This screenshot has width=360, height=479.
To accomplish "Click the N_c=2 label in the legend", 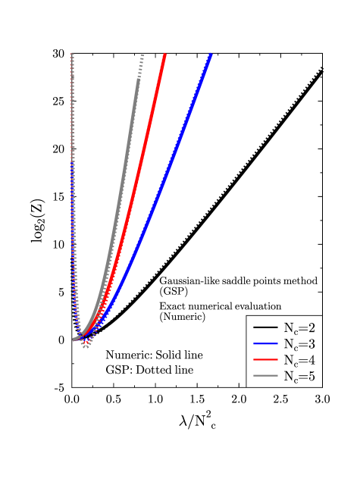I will coord(299,328).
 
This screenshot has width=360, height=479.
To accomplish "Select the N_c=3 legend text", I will coord(299,344).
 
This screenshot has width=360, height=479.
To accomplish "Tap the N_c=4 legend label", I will coord(299,360).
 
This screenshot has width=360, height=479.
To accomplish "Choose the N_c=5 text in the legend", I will coord(299,377).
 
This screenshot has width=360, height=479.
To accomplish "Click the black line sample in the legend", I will coord(265,327).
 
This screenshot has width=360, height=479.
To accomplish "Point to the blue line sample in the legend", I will coord(265,344).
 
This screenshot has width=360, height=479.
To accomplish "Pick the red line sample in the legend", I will coord(265,360).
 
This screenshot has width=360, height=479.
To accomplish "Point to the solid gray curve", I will coord(121,189).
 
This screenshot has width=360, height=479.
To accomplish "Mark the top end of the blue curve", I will coord(210,55).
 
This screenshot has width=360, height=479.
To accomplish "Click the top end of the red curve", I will coord(164,55).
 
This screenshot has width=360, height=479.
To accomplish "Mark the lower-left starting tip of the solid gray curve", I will coord(74,340).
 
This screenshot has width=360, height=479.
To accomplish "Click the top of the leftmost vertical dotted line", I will coord(71,55).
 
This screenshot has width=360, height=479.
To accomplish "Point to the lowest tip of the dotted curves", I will coord(86,347).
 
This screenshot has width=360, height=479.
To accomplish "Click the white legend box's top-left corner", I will coord(247,317).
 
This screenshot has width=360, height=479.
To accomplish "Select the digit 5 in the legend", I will coord(311,377).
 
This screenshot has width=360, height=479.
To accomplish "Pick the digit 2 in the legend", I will coord(311,328).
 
